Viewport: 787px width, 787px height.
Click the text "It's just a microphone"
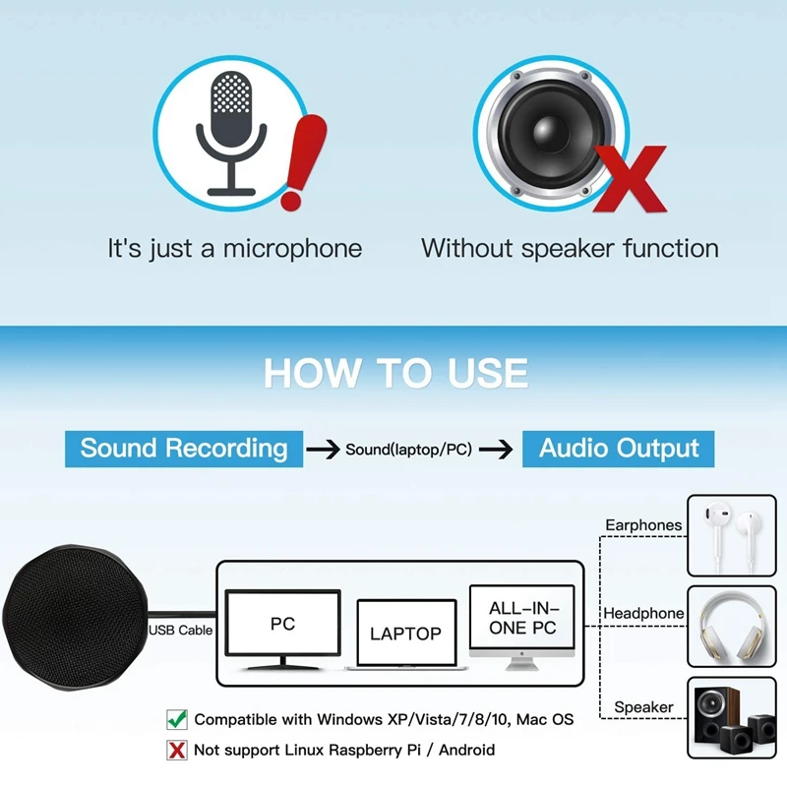234,249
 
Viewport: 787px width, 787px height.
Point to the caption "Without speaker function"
570,249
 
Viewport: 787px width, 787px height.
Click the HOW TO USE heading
395,374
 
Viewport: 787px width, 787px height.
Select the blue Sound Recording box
184,449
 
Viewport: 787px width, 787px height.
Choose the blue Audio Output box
619,449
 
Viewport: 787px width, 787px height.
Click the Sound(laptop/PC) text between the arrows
408,450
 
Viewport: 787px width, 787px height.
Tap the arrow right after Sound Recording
323,450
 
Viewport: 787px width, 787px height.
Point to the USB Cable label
181,630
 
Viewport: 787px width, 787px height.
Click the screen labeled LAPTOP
405,634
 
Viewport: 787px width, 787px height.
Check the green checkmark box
177,719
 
